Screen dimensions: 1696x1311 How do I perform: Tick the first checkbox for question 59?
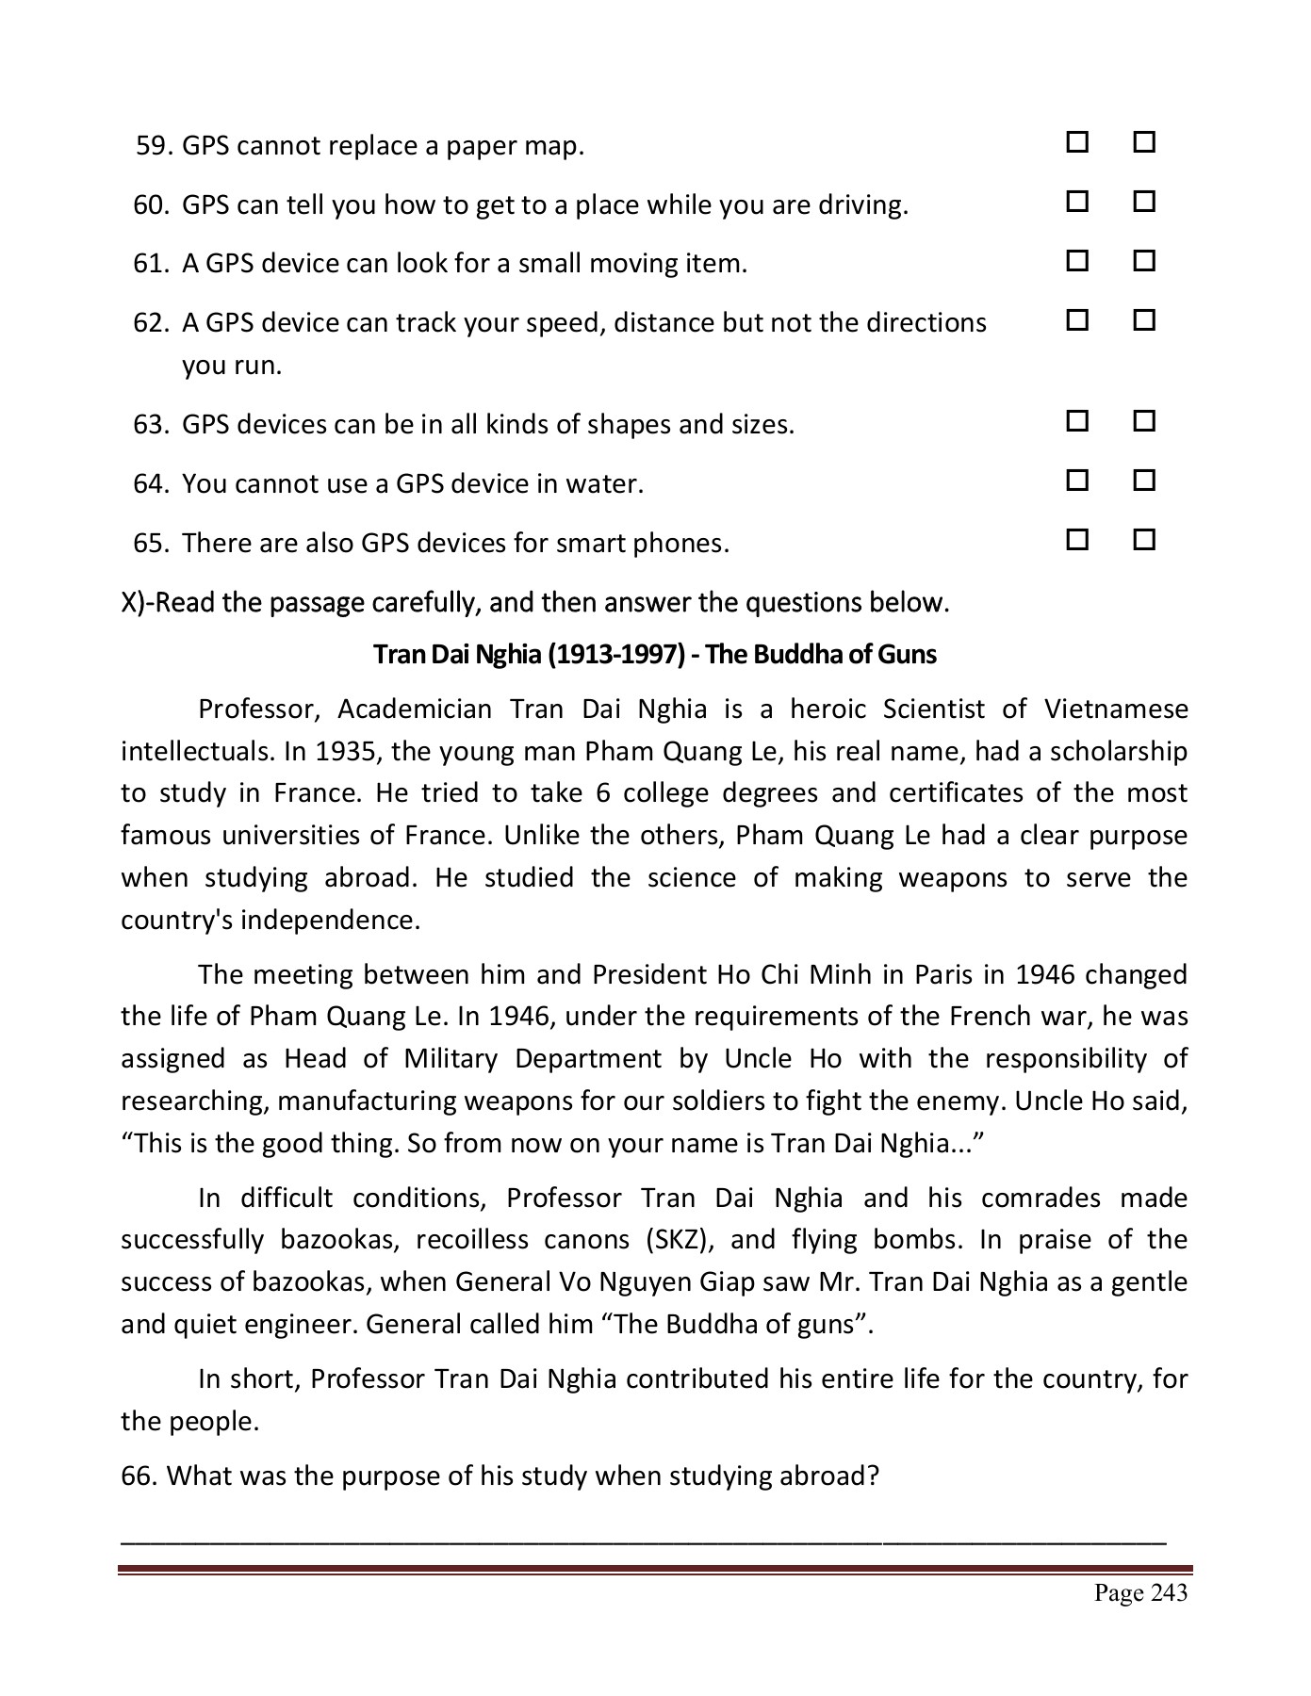tap(1077, 143)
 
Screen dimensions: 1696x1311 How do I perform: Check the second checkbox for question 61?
tap(1144, 261)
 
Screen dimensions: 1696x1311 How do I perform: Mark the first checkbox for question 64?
tap(1077, 481)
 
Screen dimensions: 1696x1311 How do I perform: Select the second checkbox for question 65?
tap(1144, 540)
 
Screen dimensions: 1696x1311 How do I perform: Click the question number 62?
tap(150, 323)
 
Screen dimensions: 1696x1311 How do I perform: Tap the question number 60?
tap(150, 204)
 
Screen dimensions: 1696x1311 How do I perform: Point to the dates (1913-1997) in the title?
tap(615, 654)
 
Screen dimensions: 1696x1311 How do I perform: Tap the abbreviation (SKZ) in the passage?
tap(678, 1239)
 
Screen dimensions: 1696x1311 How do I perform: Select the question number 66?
tap(139, 1476)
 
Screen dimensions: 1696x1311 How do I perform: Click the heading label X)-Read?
tap(169, 602)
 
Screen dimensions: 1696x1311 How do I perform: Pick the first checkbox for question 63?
tap(1077, 421)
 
